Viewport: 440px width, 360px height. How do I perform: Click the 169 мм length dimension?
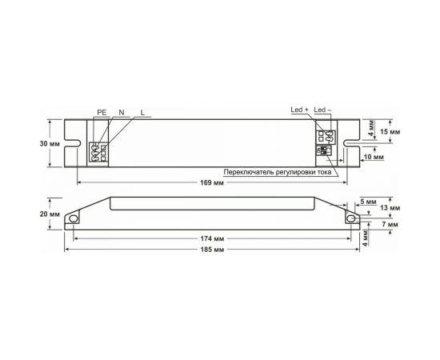[x=210, y=183]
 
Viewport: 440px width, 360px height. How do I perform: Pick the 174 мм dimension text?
[x=210, y=238]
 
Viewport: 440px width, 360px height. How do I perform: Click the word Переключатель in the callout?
[x=250, y=172]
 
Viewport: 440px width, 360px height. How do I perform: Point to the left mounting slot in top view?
[x=71, y=145]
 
